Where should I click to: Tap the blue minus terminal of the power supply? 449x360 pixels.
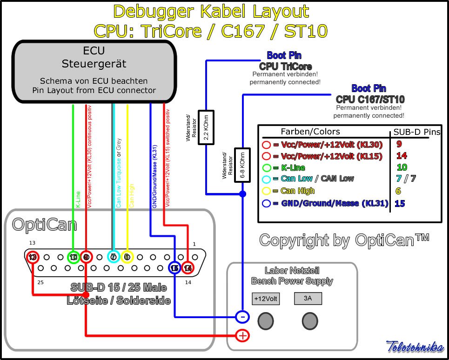[x=242, y=317]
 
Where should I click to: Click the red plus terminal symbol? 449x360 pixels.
[x=242, y=335]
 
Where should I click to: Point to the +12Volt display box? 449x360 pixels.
[x=266, y=299]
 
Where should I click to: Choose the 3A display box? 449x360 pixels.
[x=308, y=299]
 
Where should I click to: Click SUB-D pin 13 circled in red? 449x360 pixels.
[x=32, y=257]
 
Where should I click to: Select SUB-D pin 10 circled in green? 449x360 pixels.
[x=74, y=257]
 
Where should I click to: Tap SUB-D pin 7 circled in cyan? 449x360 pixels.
[x=114, y=257]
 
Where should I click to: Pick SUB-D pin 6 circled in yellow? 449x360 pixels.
[x=127, y=257]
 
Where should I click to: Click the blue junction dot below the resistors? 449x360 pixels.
[x=242, y=193]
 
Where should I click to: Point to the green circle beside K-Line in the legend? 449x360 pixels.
[x=267, y=167]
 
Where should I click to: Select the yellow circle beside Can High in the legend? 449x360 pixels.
[x=267, y=191]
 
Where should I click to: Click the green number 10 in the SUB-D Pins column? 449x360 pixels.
[x=402, y=167]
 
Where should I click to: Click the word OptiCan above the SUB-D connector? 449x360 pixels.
[x=44, y=225]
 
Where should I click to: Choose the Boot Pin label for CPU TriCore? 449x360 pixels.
[x=284, y=56]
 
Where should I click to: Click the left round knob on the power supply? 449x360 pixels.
[x=266, y=320]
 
